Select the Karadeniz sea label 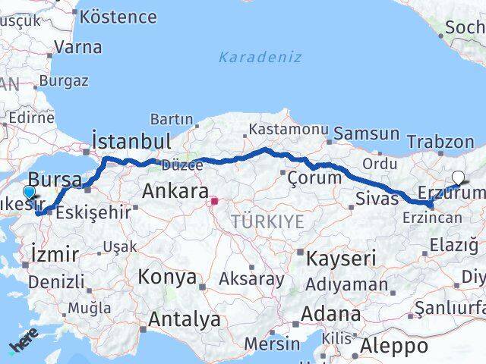[x=260, y=57]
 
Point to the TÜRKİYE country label [x=268, y=221]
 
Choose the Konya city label [x=167, y=277]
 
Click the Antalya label [x=185, y=319]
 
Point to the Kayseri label [x=341, y=259]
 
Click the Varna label [x=78, y=47]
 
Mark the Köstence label [x=118, y=16]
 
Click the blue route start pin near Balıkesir [x=30, y=193]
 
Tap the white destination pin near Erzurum [x=458, y=178]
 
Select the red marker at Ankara [x=214, y=202]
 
